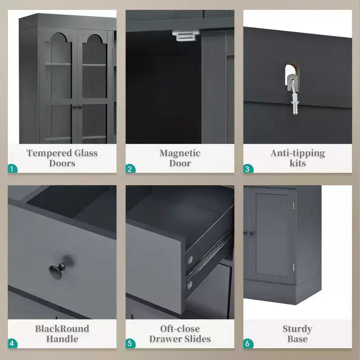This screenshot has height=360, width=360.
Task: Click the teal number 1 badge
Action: pos(13,168)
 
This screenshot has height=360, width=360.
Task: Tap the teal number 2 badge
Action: pos(130,168)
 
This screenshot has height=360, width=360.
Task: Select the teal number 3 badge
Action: pos(248,168)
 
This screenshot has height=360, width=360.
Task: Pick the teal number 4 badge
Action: pos(13,344)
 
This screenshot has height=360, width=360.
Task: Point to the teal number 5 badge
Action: pos(130,344)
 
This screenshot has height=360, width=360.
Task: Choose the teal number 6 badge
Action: pos(248,344)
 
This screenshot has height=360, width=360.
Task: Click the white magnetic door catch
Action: pos(186,36)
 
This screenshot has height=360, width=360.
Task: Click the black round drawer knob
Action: pos(57,271)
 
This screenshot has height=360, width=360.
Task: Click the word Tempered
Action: pos(49,153)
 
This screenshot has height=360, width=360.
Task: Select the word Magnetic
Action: pos(180,153)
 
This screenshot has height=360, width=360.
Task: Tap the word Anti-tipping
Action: pos(297,153)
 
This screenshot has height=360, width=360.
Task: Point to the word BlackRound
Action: pos(62,328)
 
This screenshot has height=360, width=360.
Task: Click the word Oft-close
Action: pos(180,328)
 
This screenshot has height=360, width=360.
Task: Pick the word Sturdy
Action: pos(297,329)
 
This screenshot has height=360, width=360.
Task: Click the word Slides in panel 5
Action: pos(198,339)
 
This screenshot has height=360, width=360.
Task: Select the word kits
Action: pos(297,163)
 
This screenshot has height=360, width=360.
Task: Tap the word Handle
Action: pos(62,339)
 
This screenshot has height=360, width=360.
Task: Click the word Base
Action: pos(297,339)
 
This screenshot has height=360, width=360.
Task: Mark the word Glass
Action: pos(86,153)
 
